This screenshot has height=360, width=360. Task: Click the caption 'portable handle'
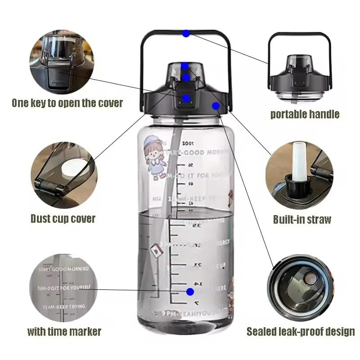coord(305,114)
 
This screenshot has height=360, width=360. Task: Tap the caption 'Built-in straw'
coord(302,220)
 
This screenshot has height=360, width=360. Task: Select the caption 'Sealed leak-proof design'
coord(301,332)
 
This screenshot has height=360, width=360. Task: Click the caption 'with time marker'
coord(64,332)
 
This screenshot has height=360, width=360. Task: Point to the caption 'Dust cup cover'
coord(63,219)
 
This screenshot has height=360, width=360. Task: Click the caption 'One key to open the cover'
coord(67,103)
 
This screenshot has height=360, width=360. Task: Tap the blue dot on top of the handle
coord(186,33)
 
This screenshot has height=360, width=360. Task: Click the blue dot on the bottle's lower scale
coord(190,292)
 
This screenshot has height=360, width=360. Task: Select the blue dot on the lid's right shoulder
coord(216,106)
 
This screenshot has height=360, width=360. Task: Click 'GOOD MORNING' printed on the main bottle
coord(198,153)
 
